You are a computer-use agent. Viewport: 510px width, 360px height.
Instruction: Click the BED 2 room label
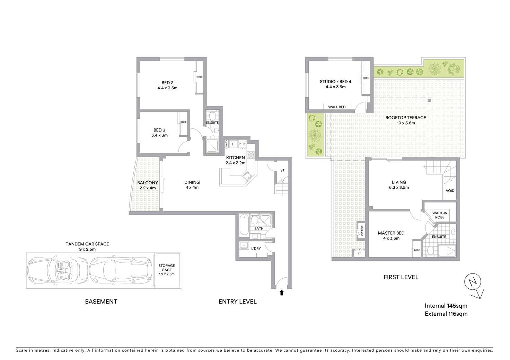167,83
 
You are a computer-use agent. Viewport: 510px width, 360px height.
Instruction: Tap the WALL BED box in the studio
337,107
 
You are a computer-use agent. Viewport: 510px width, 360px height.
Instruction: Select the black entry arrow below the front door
282,293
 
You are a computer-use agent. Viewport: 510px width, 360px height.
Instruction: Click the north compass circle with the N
473,281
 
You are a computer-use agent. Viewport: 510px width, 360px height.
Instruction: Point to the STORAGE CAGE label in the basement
167,268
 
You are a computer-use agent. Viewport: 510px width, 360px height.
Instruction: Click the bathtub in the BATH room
244,225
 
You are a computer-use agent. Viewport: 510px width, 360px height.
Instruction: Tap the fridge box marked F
233,144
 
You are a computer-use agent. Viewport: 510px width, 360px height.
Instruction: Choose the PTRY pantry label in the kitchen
243,144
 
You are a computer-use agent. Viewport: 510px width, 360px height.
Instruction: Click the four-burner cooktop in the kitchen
251,155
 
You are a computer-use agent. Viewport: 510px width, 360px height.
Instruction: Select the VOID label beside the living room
450,191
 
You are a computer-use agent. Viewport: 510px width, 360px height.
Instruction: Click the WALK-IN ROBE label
440,215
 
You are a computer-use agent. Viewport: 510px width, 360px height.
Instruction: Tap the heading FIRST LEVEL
401,277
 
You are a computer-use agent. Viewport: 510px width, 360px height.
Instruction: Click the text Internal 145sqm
446,306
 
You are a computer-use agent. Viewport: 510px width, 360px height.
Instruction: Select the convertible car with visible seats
57,270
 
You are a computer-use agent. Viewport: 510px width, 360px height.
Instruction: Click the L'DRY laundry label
256,249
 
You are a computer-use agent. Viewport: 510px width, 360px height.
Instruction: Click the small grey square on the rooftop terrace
429,100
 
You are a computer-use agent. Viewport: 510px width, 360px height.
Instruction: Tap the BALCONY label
148,183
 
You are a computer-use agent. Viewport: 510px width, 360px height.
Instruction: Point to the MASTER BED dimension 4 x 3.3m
391,238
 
